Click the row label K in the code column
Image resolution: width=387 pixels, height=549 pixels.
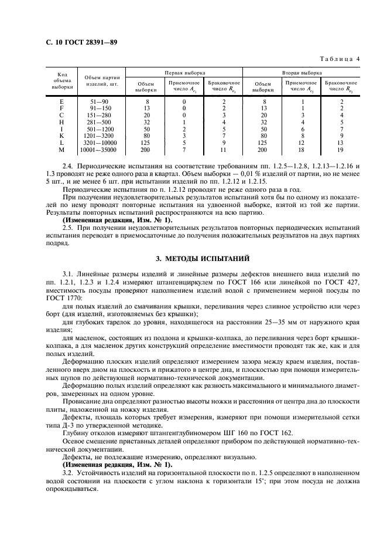tap(61, 136)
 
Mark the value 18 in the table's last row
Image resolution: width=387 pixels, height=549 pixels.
tap(302, 150)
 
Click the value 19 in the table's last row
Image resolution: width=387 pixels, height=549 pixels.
tap(341, 150)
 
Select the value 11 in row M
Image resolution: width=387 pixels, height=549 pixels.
tap(224, 150)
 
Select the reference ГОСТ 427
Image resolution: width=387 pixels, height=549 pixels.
tap(346, 282)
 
